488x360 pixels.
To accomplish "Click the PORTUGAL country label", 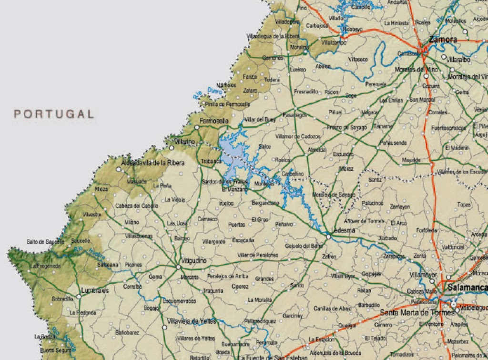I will click(x=54, y=114).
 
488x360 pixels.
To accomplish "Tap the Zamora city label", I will click(x=443, y=40).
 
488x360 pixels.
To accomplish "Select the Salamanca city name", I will click(x=467, y=288).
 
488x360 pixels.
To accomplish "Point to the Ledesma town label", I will click(x=343, y=230).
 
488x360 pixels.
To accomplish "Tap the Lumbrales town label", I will click(x=95, y=290).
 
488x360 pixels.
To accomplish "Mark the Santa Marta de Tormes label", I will click(x=417, y=313).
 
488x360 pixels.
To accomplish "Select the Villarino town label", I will click(x=184, y=142).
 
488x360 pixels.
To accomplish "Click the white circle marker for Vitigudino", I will click(x=178, y=267).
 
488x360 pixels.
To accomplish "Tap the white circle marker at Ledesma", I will click(x=328, y=237).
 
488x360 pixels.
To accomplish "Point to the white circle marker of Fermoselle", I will click(x=196, y=127).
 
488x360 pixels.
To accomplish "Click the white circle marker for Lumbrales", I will click(x=79, y=296).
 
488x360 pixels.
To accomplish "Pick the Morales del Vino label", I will click(x=416, y=69).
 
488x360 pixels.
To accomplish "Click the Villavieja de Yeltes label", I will click(x=192, y=321).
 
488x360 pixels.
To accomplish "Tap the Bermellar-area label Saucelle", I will click(x=81, y=241).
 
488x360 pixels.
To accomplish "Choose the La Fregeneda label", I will click(x=46, y=266).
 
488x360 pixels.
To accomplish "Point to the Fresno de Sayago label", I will click(x=347, y=127).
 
